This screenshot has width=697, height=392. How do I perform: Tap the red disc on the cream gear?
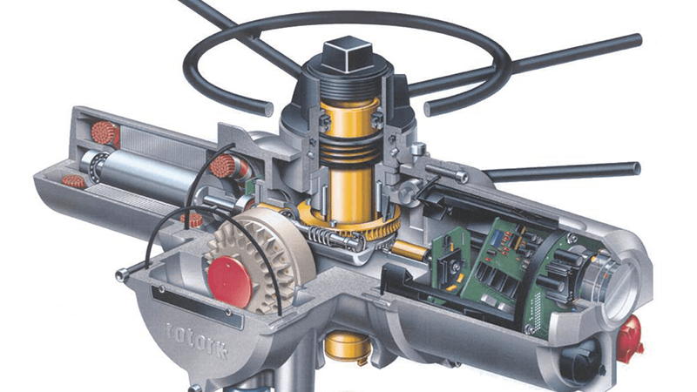[230, 281]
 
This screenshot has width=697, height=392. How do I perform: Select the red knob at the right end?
[631, 334]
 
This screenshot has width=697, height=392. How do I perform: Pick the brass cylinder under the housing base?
[348, 346]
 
